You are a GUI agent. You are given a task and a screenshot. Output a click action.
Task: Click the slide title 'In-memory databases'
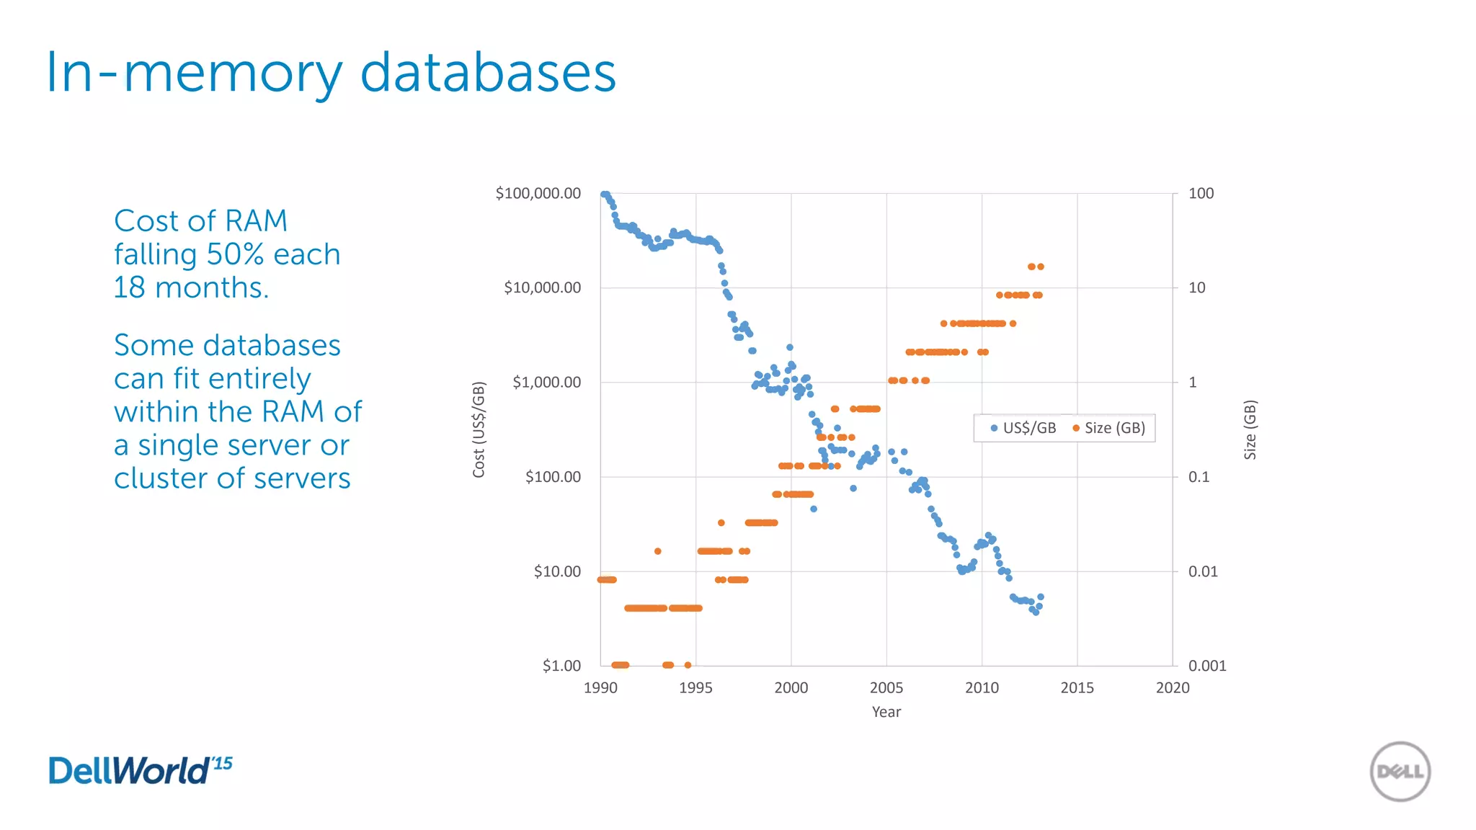point(331,73)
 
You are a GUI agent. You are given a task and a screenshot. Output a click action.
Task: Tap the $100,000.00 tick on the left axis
point(538,193)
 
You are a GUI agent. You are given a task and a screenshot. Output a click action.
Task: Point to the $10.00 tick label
point(556,571)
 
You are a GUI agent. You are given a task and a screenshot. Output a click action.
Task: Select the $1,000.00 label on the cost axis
point(546,382)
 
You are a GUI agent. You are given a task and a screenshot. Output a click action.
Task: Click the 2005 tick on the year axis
point(886,687)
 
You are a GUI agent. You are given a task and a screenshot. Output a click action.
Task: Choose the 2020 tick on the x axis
point(1172,687)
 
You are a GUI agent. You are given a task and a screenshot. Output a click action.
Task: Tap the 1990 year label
point(600,687)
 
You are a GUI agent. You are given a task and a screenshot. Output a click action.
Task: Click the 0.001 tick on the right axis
point(1206,666)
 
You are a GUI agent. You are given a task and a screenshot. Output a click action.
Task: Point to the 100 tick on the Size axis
point(1201,193)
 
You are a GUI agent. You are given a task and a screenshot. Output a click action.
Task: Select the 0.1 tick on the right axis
point(1199,477)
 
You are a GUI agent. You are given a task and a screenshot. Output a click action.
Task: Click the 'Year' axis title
point(886,712)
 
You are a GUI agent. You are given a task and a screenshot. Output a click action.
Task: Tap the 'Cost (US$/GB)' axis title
point(479,429)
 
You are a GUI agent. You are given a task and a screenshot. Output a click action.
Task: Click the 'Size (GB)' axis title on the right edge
point(1250,429)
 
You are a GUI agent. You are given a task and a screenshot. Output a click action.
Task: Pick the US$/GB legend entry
point(1023,428)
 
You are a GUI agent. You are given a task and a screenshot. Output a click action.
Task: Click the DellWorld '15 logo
point(140,770)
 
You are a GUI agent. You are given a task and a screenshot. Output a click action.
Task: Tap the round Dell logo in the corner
point(1400,772)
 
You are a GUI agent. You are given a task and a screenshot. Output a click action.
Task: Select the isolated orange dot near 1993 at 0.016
point(657,551)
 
